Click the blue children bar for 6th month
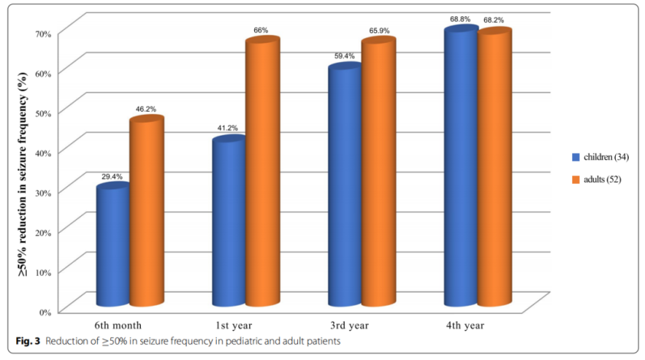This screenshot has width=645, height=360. coord(113,245)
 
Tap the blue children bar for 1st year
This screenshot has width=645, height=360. coord(228,222)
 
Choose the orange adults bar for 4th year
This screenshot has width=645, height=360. coord(493,169)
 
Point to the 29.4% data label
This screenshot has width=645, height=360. coord(112,176)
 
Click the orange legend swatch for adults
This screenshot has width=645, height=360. coord(575,179)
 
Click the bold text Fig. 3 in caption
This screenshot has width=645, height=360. coord(27,339)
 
